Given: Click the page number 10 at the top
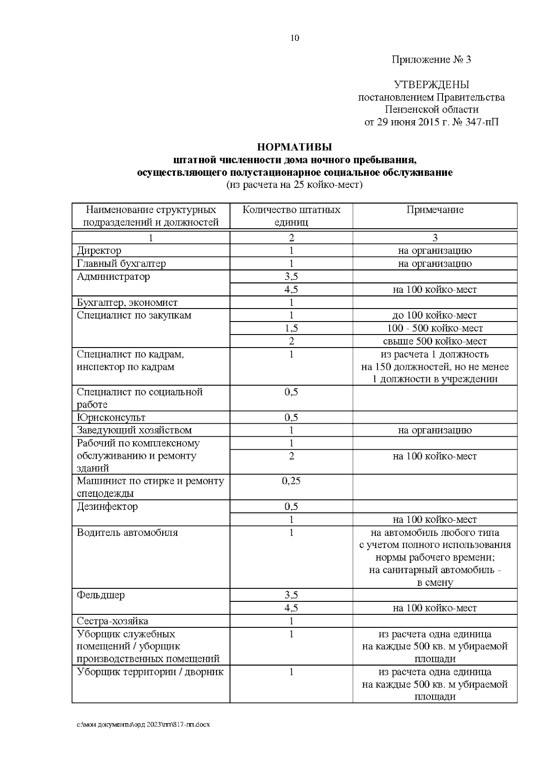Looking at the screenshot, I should (x=295, y=38).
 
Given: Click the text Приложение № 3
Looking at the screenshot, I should (x=431, y=60).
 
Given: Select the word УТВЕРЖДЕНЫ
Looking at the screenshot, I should (x=431, y=85).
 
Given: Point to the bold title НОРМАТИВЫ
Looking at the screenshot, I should (x=295, y=147).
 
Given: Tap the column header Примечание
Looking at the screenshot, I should (x=434, y=210).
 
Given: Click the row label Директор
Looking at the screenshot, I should (x=99, y=251).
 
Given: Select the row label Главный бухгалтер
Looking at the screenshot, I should (x=121, y=264).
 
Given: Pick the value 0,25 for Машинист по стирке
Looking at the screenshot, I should (x=291, y=481).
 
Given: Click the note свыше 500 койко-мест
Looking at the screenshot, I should (x=434, y=341).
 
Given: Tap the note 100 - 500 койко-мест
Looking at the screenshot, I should (x=434, y=328).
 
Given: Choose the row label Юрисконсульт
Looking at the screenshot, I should (x=111, y=417).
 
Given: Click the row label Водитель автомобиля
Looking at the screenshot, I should (x=127, y=533).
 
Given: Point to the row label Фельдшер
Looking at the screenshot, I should (x=101, y=596).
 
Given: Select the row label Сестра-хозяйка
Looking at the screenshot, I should (x=113, y=621).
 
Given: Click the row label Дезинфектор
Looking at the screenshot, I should (x=108, y=507).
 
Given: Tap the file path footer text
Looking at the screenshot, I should (x=143, y=725).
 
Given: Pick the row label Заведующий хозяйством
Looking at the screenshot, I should (x=134, y=431).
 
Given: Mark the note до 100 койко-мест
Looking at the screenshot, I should (x=434, y=315).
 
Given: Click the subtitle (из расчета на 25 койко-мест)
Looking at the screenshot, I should (x=295, y=185).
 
